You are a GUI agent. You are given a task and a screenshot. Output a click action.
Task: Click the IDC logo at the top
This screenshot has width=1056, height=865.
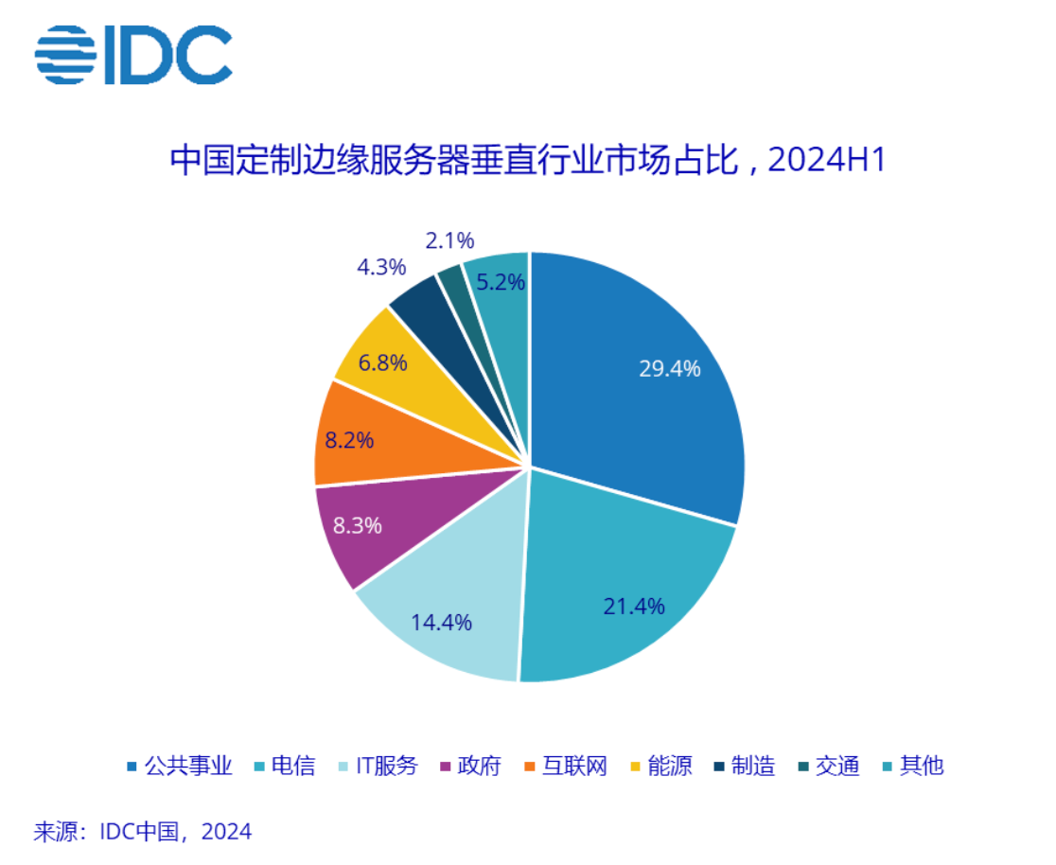[132, 55]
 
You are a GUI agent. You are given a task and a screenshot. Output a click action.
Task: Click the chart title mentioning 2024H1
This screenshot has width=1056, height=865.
[527, 161]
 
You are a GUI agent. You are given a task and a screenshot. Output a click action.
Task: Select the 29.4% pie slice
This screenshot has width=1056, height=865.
[643, 379]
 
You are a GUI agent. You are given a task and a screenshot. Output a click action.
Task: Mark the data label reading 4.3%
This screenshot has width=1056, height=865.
[380, 268]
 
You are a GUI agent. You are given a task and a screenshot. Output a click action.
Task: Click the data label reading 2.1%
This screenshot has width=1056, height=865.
[449, 241]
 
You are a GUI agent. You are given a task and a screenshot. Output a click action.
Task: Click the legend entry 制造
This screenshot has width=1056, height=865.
[753, 766]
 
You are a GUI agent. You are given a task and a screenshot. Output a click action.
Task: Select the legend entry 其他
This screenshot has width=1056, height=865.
[921, 766]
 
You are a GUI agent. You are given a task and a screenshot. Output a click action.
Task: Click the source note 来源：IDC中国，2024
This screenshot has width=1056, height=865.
[143, 832]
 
